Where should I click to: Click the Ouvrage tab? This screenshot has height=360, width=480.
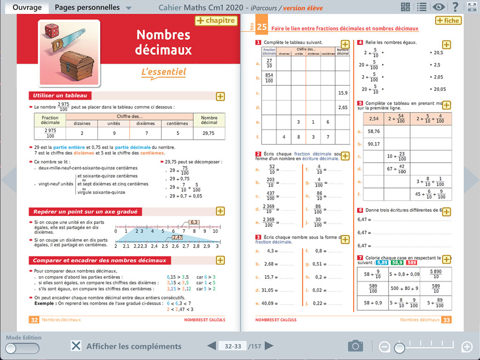point(27,7)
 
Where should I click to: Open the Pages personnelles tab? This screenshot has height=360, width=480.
point(87,7)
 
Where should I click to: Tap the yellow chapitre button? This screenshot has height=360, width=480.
point(215,21)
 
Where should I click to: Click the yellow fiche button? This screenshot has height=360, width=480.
point(448,21)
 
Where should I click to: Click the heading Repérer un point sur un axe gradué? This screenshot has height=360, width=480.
point(85,211)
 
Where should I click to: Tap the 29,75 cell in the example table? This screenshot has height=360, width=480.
point(209,133)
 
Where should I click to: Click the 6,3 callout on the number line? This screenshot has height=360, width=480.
point(194,222)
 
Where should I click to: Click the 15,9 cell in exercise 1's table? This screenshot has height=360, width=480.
point(343,93)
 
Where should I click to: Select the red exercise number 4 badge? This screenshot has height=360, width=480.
point(360,42)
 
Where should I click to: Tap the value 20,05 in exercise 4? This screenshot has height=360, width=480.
point(439,89)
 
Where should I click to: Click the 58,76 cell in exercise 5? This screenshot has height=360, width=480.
point(374,132)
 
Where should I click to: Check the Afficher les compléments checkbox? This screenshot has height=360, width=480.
point(76,346)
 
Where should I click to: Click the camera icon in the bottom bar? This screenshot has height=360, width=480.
point(356,346)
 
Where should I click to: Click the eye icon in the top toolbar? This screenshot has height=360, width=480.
point(439,7)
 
